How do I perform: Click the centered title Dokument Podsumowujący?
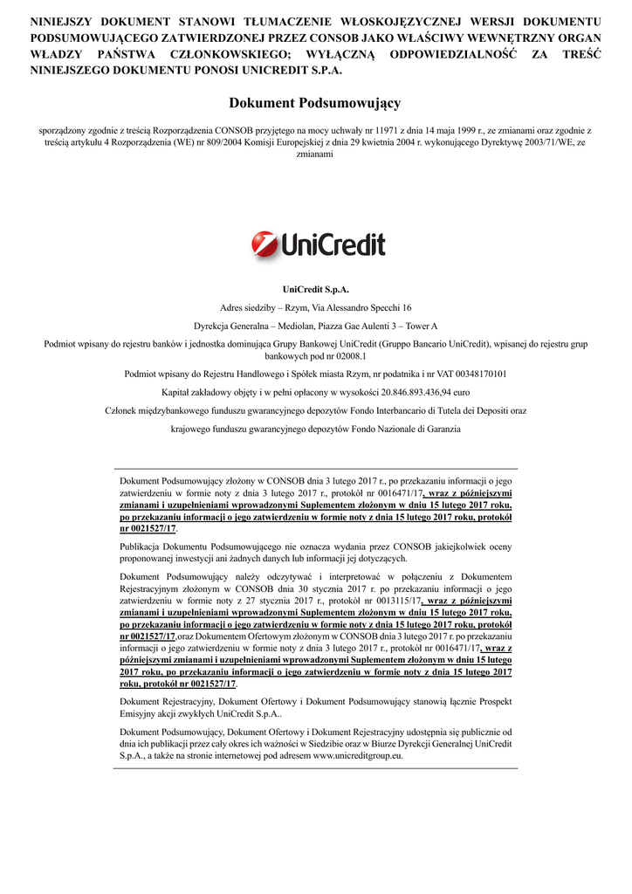click(x=315, y=103)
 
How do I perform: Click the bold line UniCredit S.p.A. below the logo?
click(x=315, y=289)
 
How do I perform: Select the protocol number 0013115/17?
click(x=390, y=602)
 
